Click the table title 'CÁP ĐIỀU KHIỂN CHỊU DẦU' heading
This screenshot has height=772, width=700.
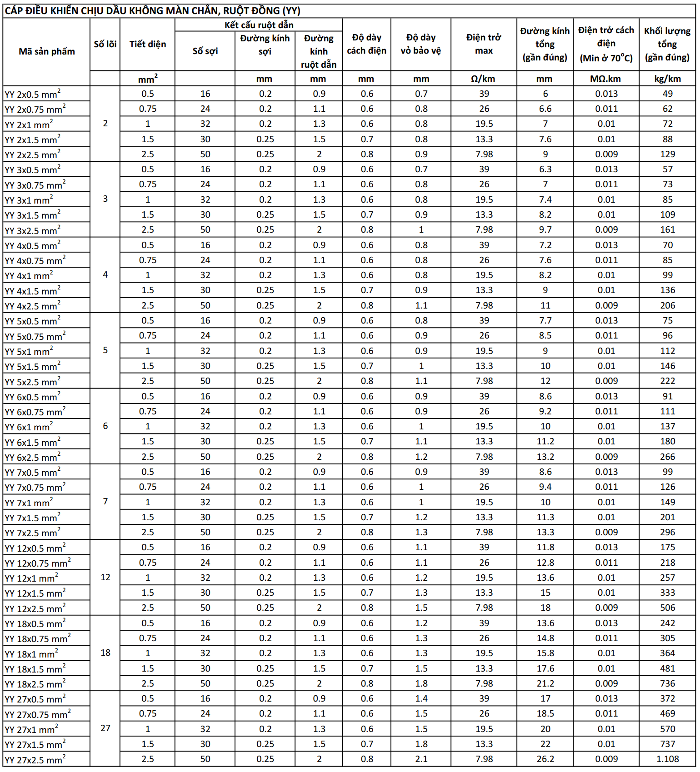tap(152, 11)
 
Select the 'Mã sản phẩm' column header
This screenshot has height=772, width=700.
tap(46, 51)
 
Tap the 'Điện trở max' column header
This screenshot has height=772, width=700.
tap(484, 44)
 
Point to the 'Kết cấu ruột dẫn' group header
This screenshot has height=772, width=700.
tap(259, 25)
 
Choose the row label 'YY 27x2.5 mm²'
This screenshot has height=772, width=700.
tap(35, 759)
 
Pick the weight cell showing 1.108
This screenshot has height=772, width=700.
tap(667, 759)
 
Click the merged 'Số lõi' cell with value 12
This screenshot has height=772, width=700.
tap(105, 577)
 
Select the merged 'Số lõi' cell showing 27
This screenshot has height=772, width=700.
tap(105, 728)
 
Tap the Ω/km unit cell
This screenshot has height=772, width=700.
tap(483, 79)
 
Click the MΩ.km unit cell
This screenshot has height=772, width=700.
tap(605, 79)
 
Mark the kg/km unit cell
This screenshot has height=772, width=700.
tap(667, 79)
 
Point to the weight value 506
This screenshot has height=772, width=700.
tap(667, 608)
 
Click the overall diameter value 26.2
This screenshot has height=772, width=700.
tap(545, 759)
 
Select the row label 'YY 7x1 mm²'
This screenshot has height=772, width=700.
tap(29, 503)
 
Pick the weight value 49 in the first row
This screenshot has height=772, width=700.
tap(667, 94)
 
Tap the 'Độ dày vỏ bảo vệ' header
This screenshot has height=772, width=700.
tap(420, 44)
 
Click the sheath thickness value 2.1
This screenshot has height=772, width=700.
tap(421, 759)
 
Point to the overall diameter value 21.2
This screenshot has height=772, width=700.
tap(545, 683)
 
